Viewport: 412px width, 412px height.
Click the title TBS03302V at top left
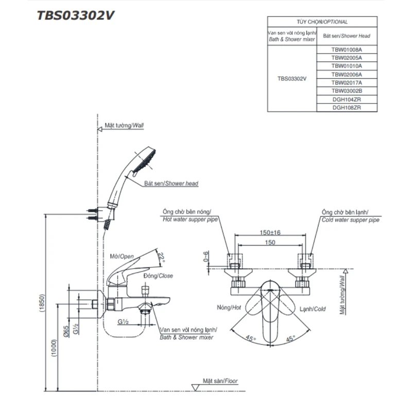point(75,15)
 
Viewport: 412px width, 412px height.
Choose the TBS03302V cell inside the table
point(291,79)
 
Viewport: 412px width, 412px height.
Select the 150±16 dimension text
point(270,233)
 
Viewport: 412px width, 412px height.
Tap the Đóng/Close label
point(159,276)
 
